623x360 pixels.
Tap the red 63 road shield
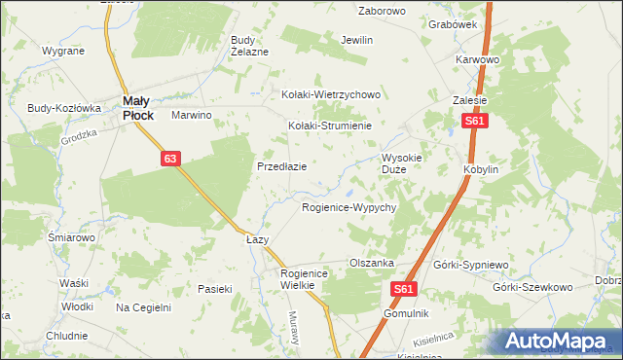(170, 158)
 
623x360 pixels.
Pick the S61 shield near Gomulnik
(407, 289)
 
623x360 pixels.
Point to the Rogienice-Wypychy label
(348, 208)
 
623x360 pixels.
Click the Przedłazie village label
(282, 166)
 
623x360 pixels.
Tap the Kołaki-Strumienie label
(330, 126)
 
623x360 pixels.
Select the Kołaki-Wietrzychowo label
(330, 95)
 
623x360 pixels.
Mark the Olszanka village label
(371, 263)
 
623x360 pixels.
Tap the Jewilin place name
(357, 41)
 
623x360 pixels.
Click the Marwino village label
(192, 115)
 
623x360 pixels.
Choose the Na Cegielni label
(143, 307)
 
